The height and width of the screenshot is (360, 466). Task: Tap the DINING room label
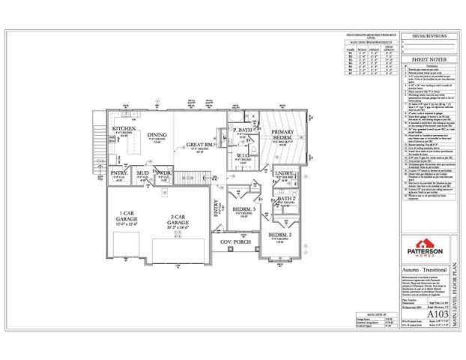tap(157, 135)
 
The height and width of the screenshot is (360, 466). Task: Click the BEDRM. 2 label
tap(280, 235)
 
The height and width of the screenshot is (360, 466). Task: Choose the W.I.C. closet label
tap(243, 156)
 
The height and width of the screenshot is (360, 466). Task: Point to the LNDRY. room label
tap(282, 173)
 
